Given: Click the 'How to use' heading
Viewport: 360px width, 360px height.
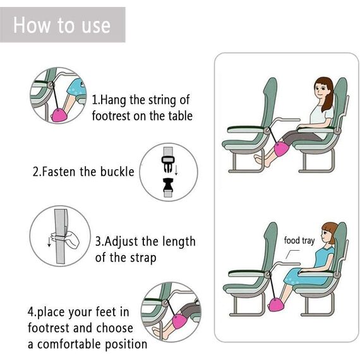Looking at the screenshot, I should tap(62, 25).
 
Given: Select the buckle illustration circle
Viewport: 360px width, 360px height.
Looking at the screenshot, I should tap(169, 172).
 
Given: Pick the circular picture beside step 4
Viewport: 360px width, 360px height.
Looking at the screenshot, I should tap(170, 312).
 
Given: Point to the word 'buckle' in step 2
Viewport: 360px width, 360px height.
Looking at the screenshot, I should tap(117, 172).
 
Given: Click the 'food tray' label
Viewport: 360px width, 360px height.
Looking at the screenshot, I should tap(299, 241).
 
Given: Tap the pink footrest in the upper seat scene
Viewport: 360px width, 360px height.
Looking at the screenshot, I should tap(279, 152).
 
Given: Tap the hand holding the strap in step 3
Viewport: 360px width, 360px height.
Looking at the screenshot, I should tap(68, 240).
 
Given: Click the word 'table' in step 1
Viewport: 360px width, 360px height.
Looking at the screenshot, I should tap(177, 116).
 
